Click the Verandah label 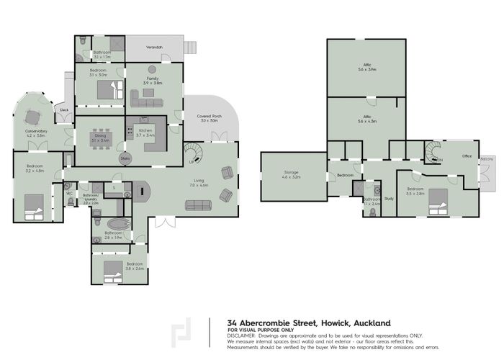click(x=155, y=48)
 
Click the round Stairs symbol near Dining click(x=125, y=158)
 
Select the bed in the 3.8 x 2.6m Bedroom click(x=114, y=272)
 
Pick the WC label click(x=70, y=193)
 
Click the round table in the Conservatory click(x=32, y=116)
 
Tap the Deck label click(x=64, y=110)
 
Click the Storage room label click(x=291, y=174)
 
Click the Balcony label click(x=487, y=158)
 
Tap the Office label click(x=467, y=156)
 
